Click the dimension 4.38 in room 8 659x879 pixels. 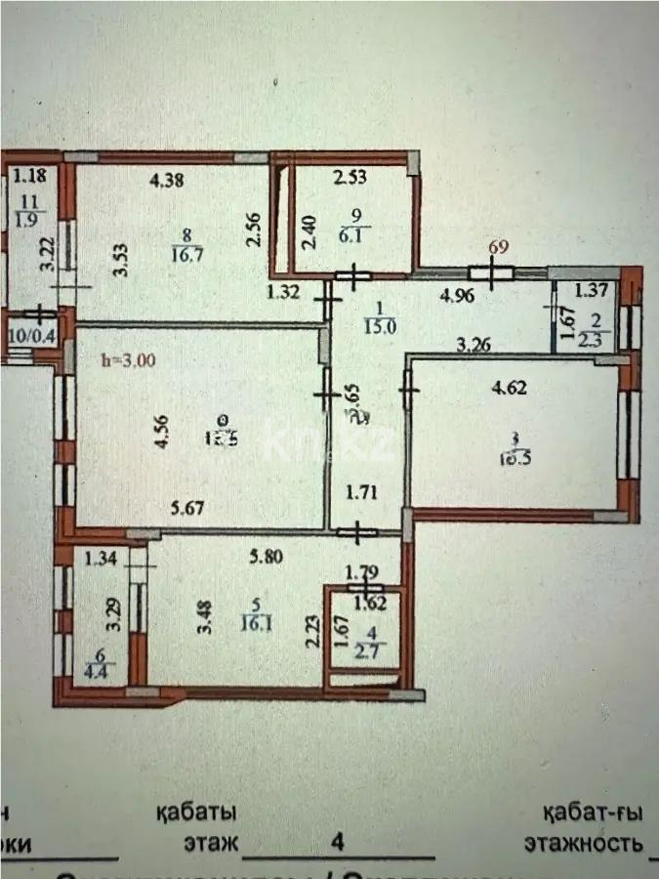click(x=167, y=180)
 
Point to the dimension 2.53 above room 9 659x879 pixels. click(x=350, y=178)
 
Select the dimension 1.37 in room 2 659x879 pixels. click(x=591, y=289)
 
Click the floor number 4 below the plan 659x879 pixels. click(x=339, y=841)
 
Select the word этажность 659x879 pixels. click(x=583, y=843)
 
